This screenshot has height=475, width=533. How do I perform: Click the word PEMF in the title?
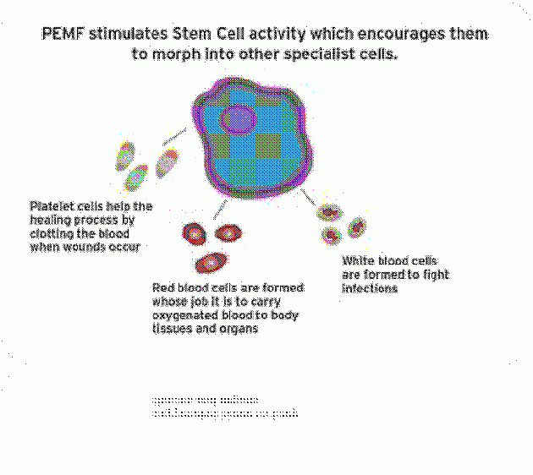coord(60,35)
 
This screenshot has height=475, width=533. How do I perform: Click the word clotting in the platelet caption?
coord(52,233)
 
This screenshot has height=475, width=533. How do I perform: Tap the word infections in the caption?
coord(370,288)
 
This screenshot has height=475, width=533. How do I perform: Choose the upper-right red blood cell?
coord(228,231)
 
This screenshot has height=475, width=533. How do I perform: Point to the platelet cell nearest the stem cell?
coord(167,161)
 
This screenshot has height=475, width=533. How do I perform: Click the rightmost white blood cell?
coord(357,227)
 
